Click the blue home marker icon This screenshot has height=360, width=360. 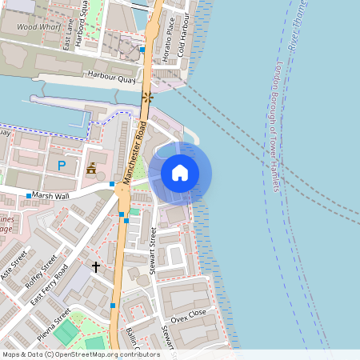pyautogui.click(x=180, y=172)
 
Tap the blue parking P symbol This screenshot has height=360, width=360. pyautogui.click(x=61, y=166)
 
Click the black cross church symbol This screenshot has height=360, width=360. pyautogui.click(x=96, y=266)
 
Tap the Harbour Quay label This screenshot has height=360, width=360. pyautogui.click(x=111, y=78)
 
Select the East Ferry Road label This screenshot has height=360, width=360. pyautogui.click(x=49, y=284)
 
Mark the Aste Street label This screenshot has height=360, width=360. pyautogui.click(x=14, y=264)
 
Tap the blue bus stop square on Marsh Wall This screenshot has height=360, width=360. pyautogui.click(x=29, y=195)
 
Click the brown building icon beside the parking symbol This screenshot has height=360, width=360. pyautogui.click(x=91, y=169)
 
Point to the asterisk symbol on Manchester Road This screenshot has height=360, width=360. pyautogui.click(x=146, y=98)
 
